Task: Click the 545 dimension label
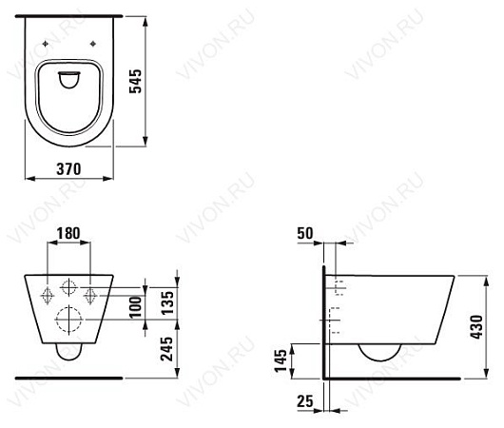pyautogui.click(x=135, y=81)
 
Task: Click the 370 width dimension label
pyautogui.click(x=68, y=168)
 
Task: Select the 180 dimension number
pyautogui.click(x=68, y=233)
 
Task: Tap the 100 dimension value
pyautogui.click(x=136, y=307)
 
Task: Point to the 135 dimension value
pyautogui.click(x=167, y=302)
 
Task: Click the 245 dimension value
pyautogui.click(x=167, y=348)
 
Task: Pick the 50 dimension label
pyautogui.click(x=305, y=233)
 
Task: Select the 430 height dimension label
pyautogui.click(x=476, y=327)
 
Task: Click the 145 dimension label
pyautogui.click(x=281, y=360)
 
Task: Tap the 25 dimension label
pyautogui.click(x=305, y=401)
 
